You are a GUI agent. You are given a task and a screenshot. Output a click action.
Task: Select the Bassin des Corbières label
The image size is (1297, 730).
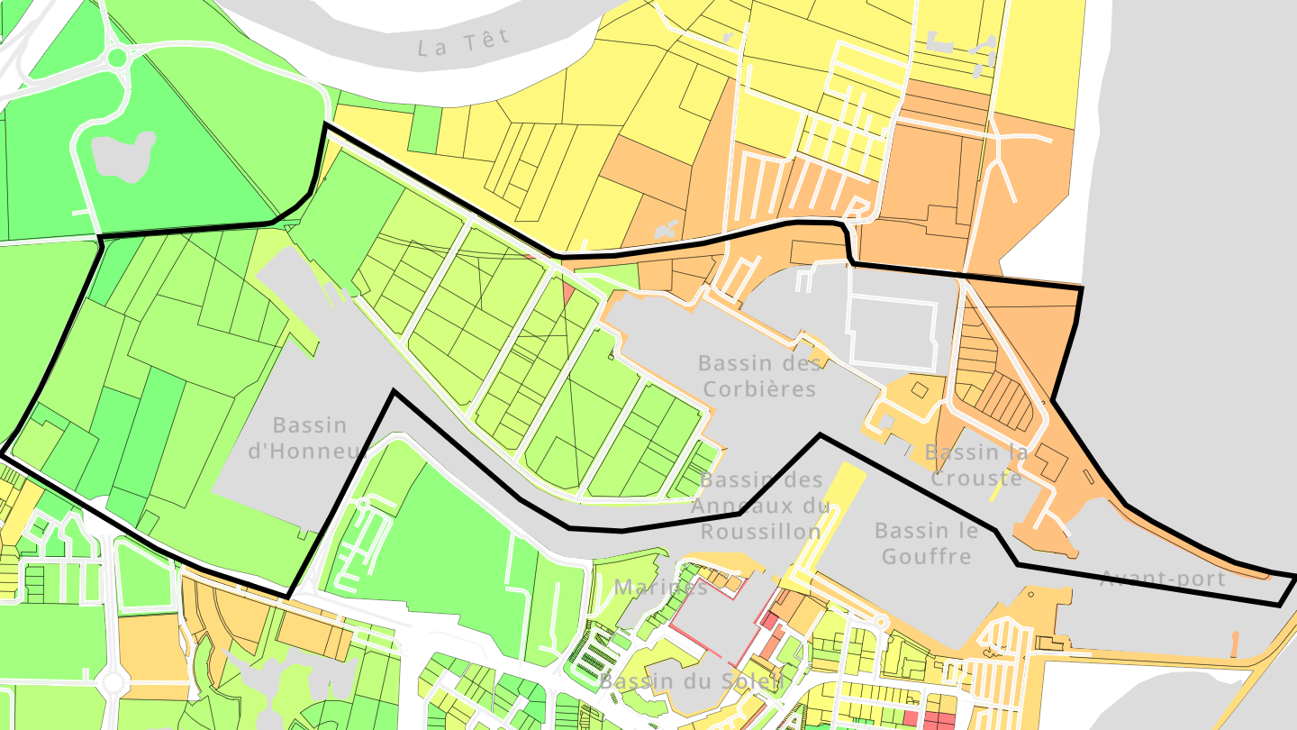tap(759, 376)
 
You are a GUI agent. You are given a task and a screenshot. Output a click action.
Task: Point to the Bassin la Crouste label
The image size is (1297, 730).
tap(975, 465)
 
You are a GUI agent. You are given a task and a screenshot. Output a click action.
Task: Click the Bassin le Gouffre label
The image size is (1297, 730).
tap(926, 543)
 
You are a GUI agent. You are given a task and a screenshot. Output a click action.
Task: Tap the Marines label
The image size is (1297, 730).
tap(661, 588)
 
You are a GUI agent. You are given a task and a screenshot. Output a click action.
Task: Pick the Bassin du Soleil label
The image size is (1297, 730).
tap(690, 681)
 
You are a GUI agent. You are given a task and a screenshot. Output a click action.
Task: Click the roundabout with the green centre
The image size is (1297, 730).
tap(117, 59)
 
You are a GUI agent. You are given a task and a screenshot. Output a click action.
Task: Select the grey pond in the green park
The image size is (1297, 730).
tap(122, 155)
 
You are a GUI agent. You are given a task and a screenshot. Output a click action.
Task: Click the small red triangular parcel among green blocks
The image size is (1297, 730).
tap(567, 293)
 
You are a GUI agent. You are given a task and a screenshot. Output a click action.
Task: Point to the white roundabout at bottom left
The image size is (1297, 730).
tap(113, 682)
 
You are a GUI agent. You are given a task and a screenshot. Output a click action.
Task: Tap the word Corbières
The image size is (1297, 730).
tap(759, 389)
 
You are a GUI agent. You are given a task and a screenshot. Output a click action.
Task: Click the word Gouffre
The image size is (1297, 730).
tap(926, 556)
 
